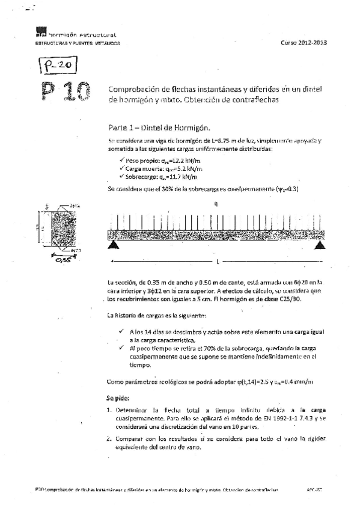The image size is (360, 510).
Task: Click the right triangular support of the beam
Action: [x=321, y=245]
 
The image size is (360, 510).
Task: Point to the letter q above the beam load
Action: [x=216, y=205]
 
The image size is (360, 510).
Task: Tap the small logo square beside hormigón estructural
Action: [x=40, y=35]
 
